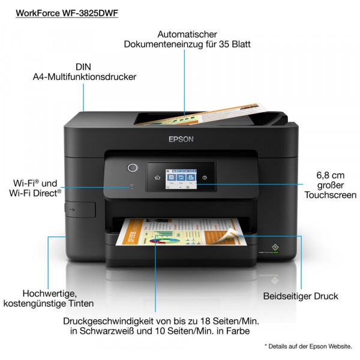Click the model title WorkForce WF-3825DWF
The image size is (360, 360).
point(67,13)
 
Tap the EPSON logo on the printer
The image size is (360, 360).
point(181,139)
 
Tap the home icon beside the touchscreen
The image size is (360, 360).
point(157,178)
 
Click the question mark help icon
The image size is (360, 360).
point(205,178)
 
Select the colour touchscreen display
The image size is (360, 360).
point(181,179)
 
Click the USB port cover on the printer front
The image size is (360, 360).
point(80,209)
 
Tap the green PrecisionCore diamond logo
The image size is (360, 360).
point(275,247)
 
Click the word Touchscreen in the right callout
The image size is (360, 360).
point(331,195)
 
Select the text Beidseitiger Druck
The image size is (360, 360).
point(301,296)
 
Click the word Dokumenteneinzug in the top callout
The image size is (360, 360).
point(163,44)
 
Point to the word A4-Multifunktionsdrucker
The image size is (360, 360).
point(85,77)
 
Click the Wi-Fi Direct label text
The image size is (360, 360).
point(35,193)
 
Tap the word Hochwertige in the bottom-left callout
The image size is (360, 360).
point(50,293)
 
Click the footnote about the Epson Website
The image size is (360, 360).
point(308,346)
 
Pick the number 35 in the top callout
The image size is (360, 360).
point(224,44)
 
